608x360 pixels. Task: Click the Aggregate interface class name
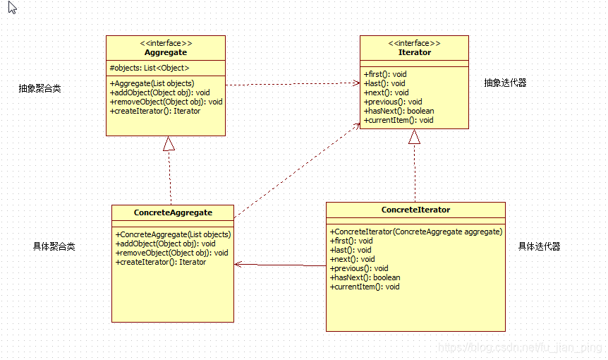[166, 52]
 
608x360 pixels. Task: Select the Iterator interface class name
[414, 52]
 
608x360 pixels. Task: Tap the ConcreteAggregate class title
[173, 212]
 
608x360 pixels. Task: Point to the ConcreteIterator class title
[415, 210]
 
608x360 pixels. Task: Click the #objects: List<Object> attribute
[150, 68]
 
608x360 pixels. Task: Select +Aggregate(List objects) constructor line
[152, 83]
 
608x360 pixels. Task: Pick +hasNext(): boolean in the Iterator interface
[399, 111]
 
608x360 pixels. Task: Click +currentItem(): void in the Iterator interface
[399, 120]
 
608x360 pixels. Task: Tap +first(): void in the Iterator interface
[385, 74]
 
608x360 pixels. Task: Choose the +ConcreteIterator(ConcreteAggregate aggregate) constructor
[415, 232]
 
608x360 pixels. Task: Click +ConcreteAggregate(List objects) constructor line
[173, 234]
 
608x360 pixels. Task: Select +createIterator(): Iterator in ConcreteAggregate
[161, 262]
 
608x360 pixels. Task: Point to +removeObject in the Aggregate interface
[166, 102]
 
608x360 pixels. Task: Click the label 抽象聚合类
[39, 89]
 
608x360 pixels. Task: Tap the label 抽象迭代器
[505, 83]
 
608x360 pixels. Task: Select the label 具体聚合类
[54, 246]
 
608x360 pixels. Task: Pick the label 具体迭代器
[539, 246]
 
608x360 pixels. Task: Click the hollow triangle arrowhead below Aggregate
[169, 143]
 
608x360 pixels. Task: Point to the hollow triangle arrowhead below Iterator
[414, 137]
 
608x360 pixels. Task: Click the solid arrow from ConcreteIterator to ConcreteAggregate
[280, 265]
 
